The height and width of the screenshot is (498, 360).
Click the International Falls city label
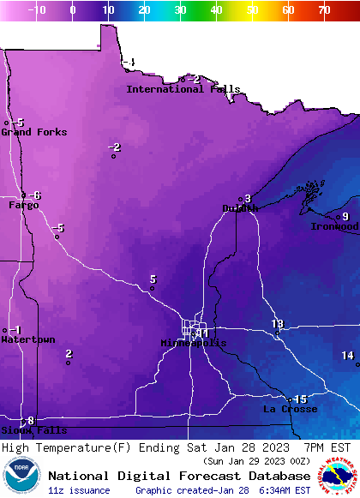point(183,89)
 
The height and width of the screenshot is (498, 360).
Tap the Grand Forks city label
point(33,132)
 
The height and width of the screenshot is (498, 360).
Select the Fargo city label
point(23,206)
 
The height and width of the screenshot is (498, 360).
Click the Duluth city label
point(240,208)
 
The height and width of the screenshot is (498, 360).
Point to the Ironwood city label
point(334,226)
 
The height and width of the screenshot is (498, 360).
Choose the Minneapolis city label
point(194,343)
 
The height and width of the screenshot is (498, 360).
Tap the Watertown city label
point(27,340)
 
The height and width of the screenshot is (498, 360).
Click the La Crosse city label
point(290,410)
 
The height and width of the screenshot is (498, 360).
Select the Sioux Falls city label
point(33,430)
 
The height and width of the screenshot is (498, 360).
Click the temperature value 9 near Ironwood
point(345,216)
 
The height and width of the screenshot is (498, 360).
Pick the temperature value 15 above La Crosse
point(300,399)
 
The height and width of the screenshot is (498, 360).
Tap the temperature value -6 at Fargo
point(35,195)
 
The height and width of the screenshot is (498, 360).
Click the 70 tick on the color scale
point(323,10)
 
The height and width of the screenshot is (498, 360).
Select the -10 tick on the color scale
point(37,10)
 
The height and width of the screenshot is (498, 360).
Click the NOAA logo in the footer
point(21,476)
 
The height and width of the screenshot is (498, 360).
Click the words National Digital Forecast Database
point(179,476)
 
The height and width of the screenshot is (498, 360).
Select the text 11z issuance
point(79,490)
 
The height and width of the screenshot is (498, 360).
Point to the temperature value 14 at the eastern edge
point(347,356)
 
